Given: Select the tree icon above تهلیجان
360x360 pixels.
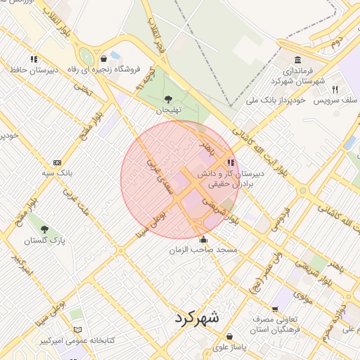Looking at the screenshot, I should [x=167, y=99].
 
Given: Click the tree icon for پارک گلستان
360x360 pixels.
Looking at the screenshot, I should [x=44, y=229].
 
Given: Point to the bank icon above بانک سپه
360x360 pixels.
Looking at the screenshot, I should [x=57, y=161].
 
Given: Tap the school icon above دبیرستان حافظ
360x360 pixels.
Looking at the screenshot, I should [x=33, y=59].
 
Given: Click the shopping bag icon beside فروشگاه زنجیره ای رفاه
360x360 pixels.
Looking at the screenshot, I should [x=104, y=59].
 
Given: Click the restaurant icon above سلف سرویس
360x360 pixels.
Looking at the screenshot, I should [x=335, y=89].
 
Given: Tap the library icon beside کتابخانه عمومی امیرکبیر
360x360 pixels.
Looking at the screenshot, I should [x=77, y=330].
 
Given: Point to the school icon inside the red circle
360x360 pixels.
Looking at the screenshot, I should [x=231, y=162].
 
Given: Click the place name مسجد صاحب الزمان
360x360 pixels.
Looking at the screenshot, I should [x=207, y=250].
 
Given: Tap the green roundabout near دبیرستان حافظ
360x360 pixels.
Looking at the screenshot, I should [x=86, y=56].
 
